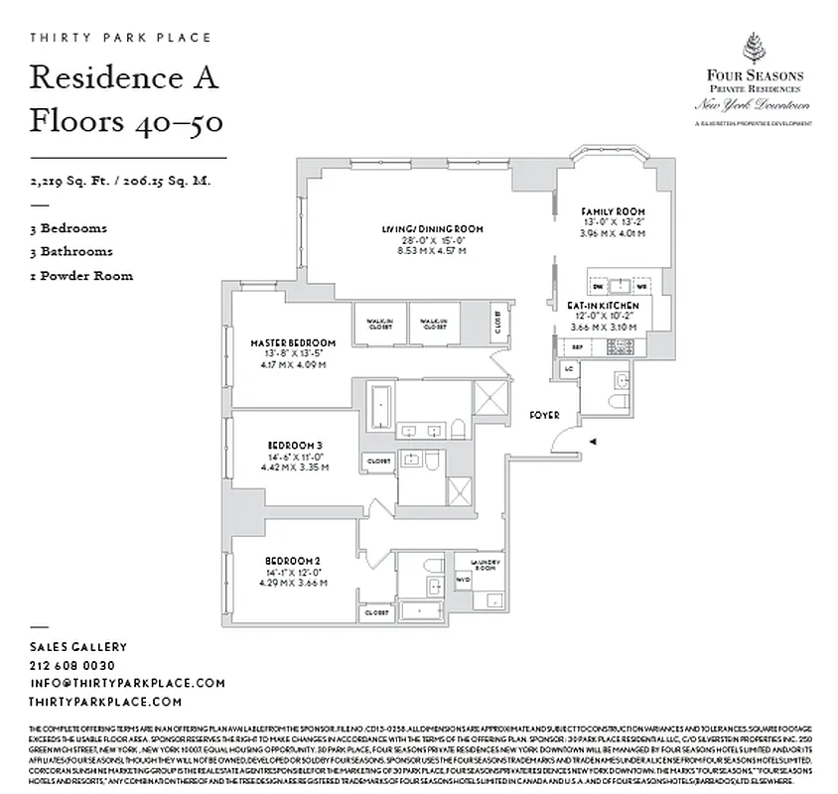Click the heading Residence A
123,77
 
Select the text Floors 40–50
125,121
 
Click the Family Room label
613,212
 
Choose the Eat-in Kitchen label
603,307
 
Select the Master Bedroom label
293,342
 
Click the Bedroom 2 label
293,561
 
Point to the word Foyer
543,415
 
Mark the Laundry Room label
487,565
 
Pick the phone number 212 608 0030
72,665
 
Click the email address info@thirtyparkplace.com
127,683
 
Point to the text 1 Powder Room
81,276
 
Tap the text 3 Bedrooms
69,228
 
